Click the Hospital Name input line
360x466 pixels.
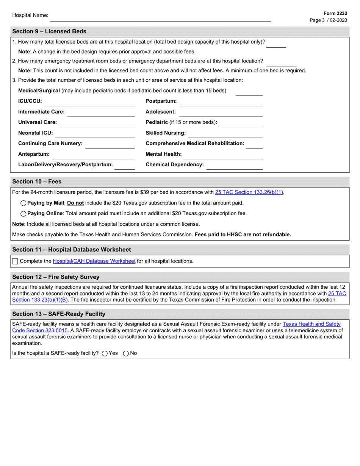point(160,17)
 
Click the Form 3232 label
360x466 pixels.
point(335,13)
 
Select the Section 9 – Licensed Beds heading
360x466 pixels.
point(49,31)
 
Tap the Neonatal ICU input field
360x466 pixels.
point(95,133)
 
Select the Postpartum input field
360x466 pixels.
point(221,102)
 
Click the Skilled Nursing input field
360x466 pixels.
point(225,133)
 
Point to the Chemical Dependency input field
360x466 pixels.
point(235,165)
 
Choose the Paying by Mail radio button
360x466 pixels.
point(23,203)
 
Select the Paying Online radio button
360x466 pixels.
point(23,214)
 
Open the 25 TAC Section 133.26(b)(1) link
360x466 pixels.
point(249,192)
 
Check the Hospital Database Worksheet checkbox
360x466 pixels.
point(15,261)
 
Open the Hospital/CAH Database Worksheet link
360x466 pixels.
point(94,261)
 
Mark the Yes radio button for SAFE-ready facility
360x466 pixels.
point(105,353)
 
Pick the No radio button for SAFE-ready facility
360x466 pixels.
point(126,353)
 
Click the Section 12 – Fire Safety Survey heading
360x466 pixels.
point(56,277)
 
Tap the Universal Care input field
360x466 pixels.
point(97,123)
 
